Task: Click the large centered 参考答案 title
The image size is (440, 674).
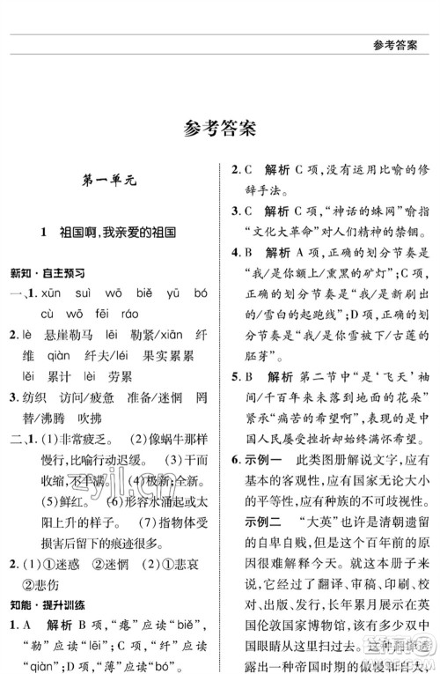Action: [x=220, y=129]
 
